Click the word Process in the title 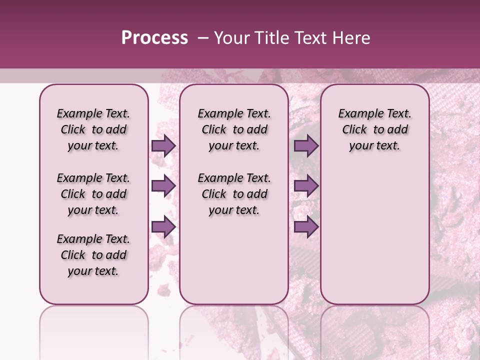[154, 38]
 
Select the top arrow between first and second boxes [163, 146]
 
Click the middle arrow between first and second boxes [163, 186]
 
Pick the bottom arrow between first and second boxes [163, 227]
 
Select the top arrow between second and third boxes [306, 146]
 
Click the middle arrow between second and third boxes [306, 186]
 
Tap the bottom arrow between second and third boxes [306, 227]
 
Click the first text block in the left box [93, 129]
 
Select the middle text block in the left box [93, 194]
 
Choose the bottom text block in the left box [93, 255]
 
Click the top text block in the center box [234, 129]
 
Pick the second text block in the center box [234, 194]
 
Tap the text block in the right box [374, 129]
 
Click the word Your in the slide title [231, 38]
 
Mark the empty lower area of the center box [234, 260]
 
